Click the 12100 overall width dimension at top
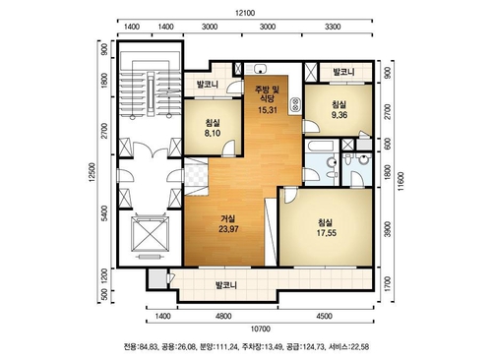(245, 13)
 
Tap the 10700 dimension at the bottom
(260, 329)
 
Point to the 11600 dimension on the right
(400, 181)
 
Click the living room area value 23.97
(228, 229)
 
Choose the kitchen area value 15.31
(268, 110)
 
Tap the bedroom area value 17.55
(327, 233)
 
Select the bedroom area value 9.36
(339, 115)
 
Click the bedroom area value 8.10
(213, 133)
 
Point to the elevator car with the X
(150, 234)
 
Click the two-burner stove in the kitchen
(295, 104)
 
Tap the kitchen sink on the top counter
(260, 69)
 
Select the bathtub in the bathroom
(320, 146)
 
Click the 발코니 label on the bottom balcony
(226, 285)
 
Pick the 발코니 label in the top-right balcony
(343, 72)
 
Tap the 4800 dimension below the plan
(223, 316)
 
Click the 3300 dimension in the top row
(333, 27)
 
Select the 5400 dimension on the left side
(104, 213)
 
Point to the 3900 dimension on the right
(388, 229)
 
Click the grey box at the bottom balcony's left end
(157, 278)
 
